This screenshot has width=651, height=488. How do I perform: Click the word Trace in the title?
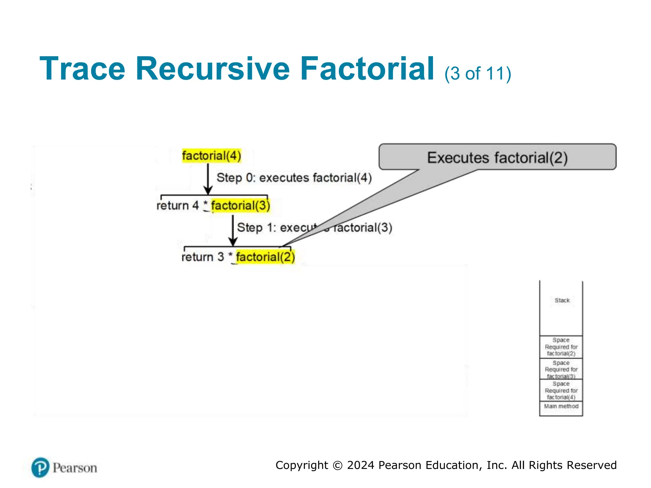82,69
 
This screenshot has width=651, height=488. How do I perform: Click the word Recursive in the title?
212,69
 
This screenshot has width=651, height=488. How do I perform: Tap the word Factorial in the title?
367,69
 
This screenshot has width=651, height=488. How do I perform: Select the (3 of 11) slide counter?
477,73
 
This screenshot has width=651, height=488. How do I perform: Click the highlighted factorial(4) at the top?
212,156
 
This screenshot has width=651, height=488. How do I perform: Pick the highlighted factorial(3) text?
240,205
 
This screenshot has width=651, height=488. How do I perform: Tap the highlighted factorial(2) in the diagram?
265,257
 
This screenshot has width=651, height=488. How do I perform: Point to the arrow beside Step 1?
233,230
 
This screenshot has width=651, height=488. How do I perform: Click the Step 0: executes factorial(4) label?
294,178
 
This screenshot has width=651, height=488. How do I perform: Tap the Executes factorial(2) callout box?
497,157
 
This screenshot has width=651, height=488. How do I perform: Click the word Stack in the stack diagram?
562,300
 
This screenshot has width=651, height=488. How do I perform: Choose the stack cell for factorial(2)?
561,347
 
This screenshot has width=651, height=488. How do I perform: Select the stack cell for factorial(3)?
561,369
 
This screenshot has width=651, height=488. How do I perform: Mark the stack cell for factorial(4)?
561,390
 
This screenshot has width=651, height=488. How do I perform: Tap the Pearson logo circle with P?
40,467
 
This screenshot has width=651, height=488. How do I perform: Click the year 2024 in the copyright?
361,465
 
